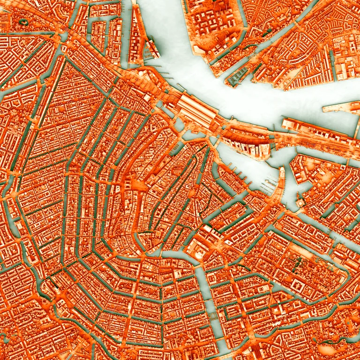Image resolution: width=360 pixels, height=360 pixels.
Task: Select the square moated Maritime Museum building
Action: point(300,202)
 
